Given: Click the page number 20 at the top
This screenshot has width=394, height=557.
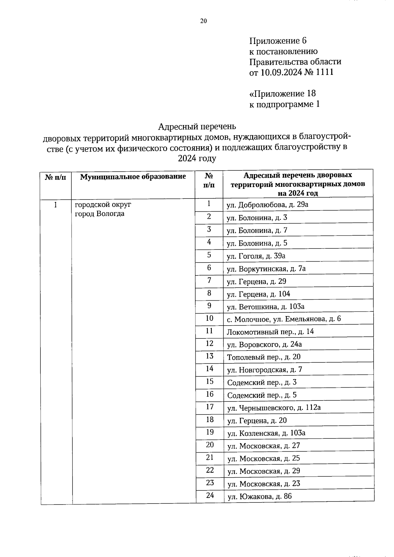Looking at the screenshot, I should pyautogui.click(x=204, y=21).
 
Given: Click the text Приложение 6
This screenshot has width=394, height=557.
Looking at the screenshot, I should pyautogui.click(x=278, y=41).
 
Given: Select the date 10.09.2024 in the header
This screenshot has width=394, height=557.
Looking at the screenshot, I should pyautogui.click(x=281, y=72).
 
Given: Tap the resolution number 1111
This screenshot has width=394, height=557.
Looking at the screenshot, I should pyautogui.click(x=324, y=72).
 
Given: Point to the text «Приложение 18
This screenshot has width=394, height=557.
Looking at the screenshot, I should pyautogui.click(x=282, y=94).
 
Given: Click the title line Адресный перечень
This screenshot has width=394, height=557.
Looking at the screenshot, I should pyautogui.click(x=197, y=126).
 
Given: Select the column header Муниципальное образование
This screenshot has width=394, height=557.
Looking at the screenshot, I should pyautogui.click(x=133, y=177).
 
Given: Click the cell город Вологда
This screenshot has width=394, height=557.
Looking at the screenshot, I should pyautogui.click(x=99, y=214).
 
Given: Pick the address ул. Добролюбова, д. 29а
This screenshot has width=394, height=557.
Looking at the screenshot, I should pyautogui.click(x=267, y=205).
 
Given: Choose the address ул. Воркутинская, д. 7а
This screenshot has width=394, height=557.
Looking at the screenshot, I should pyautogui.click(x=266, y=269).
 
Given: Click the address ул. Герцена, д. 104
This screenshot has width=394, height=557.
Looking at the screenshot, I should pyautogui.click(x=258, y=294).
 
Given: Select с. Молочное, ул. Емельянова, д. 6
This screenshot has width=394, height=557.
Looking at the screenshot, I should pyautogui.click(x=284, y=319).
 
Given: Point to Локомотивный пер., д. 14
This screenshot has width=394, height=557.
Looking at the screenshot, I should pyautogui.click(x=270, y=332).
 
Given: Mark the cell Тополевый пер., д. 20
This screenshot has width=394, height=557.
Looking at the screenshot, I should pyautogui.click(x=264, y=357).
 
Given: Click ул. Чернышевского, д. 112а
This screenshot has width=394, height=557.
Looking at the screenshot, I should pyautogui.click(x=274, y=408).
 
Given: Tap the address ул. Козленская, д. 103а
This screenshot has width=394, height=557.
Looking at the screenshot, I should pyautogui.click(x=266, y=433).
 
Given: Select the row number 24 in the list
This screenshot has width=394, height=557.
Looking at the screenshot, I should pyautogui.click(x=210, y=495).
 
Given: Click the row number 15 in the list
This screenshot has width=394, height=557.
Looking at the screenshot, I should pyautogui.click(x=209, y=381).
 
